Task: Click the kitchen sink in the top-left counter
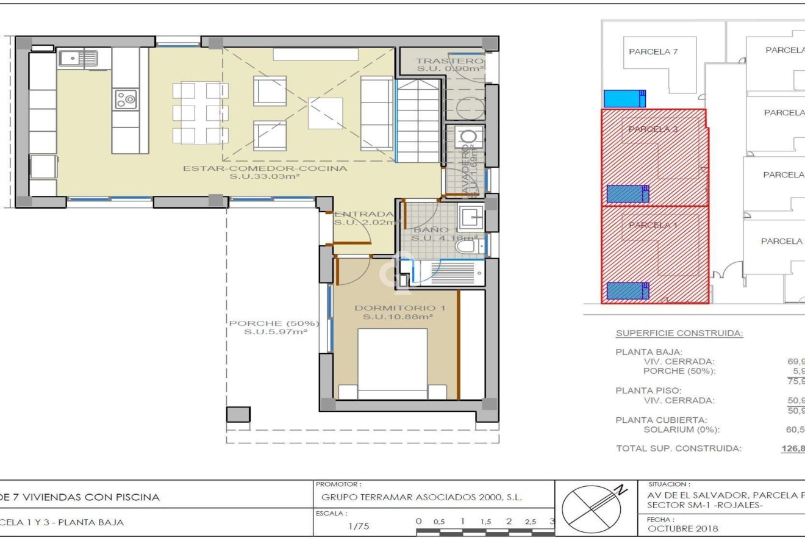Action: pos(78,59)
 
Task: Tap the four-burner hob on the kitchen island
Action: pos(126,99)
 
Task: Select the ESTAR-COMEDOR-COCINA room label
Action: pos(265,168)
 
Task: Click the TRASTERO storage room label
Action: pos(450,61)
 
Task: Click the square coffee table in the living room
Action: pos(325,113)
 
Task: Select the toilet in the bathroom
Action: pos(466,246)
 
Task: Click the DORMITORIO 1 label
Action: pos(399,308)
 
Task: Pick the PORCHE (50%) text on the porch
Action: pos(274,323)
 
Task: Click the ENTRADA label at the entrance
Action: pos(363,214)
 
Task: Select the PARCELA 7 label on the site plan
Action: pos(653,52)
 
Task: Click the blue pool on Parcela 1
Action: pos(628,290)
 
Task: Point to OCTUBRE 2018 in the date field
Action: pos(682,529)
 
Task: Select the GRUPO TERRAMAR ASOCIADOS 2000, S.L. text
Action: pos(421,497)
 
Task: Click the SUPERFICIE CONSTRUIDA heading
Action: pos(679,334)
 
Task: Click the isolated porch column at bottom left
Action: pos(238,414)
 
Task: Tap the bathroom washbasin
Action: pos(471,215)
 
